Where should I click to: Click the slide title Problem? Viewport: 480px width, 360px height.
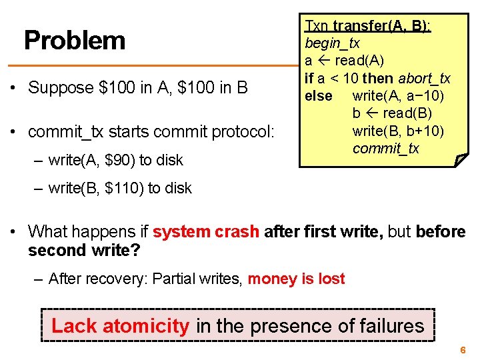tap(74, 41)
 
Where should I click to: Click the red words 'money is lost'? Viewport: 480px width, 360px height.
tap(296, 279)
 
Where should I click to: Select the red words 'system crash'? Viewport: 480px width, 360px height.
tap(205, 231)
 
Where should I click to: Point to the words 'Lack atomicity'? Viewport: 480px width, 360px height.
tap(120, 326)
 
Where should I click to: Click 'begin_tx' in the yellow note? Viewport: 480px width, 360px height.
tap(332, 43)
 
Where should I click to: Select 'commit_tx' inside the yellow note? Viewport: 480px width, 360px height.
tap(386, 148)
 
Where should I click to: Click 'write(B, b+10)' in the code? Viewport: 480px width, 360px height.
tap(398, 131)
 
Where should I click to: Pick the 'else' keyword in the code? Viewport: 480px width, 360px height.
tap(318, 96)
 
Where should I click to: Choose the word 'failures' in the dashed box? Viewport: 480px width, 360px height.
tap(391, 326)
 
